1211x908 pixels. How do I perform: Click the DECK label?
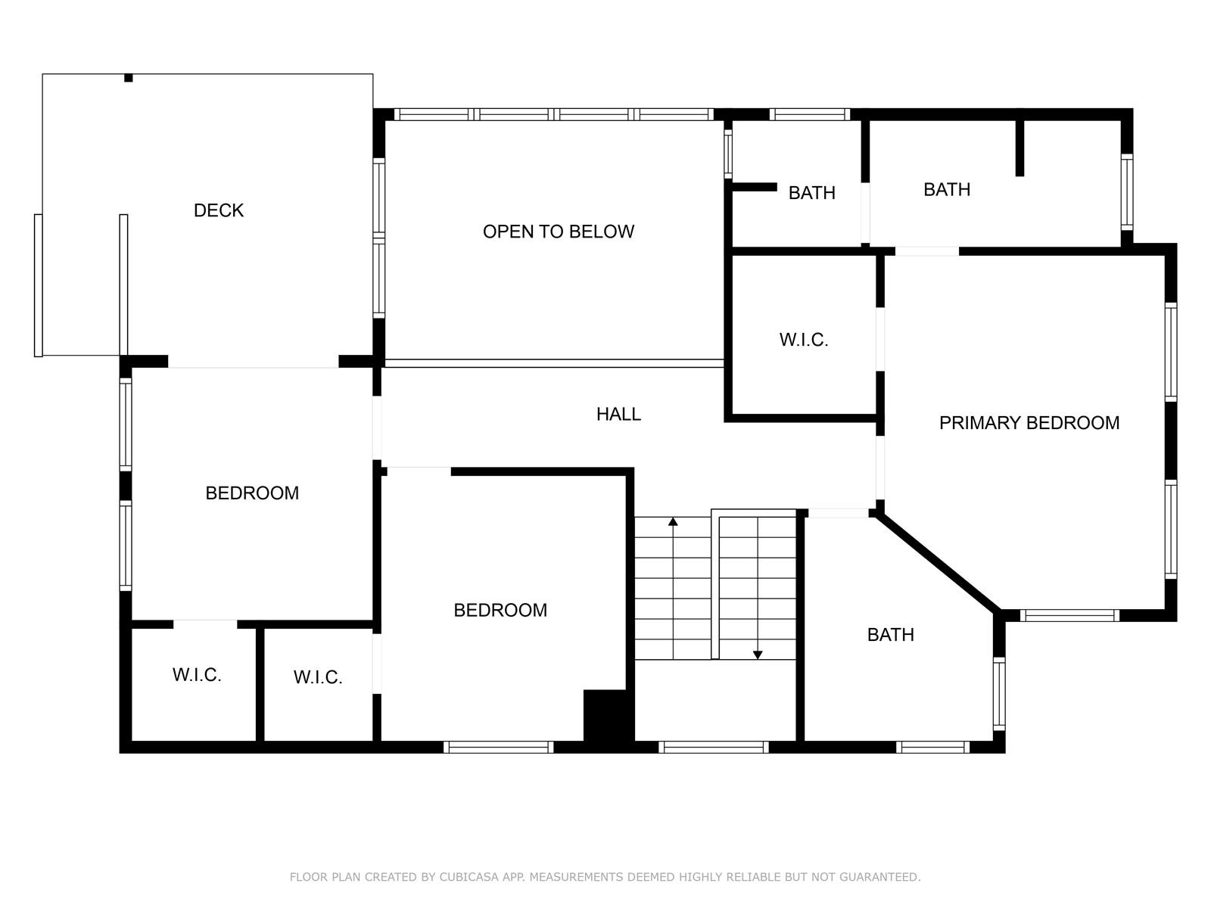pos(219,210)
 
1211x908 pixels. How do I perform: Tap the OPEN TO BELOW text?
pos(559,232)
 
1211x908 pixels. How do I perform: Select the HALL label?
pos(618,414)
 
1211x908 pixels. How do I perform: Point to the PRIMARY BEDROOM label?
pos(1029,423)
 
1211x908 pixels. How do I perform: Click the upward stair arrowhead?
pos(673,521)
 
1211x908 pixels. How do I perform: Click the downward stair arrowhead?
pos(758,655)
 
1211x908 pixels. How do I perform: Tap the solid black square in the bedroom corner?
pos(605,716)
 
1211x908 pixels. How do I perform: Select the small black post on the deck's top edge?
pos(129,78)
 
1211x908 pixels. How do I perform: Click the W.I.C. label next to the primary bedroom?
pos(803,340)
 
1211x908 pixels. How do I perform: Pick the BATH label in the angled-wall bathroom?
pos(890,635)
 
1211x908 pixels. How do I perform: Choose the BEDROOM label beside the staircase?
pos(500,611)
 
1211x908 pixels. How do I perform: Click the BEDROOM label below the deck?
pos(252,493)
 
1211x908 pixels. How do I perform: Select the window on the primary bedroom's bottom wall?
pos(1069,615)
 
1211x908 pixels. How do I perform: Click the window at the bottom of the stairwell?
pos(714,747)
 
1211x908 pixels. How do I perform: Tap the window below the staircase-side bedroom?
pos(498,747)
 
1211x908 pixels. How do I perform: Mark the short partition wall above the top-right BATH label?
pos(1020,147)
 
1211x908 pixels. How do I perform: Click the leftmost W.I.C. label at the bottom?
pos(196,675)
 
